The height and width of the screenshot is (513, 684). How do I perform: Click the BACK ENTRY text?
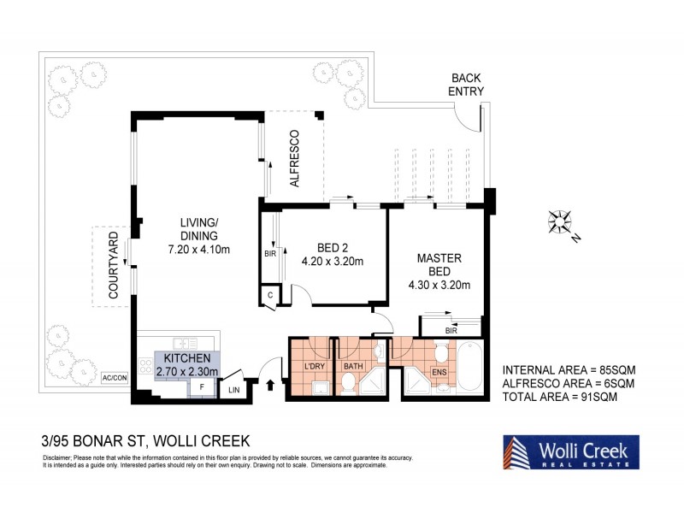[468, 84]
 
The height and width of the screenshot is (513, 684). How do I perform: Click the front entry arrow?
[272, 386]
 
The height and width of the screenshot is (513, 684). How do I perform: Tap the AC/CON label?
[114, 376]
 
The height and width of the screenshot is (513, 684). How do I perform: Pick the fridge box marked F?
[201, 386]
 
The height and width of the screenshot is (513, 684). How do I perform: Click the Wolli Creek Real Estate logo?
[568, 451]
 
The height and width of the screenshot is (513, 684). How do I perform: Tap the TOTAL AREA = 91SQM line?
[568, 398]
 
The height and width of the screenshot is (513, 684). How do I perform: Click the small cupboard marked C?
[269, 295]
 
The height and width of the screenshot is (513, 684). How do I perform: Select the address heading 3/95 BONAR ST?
[145, 441]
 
